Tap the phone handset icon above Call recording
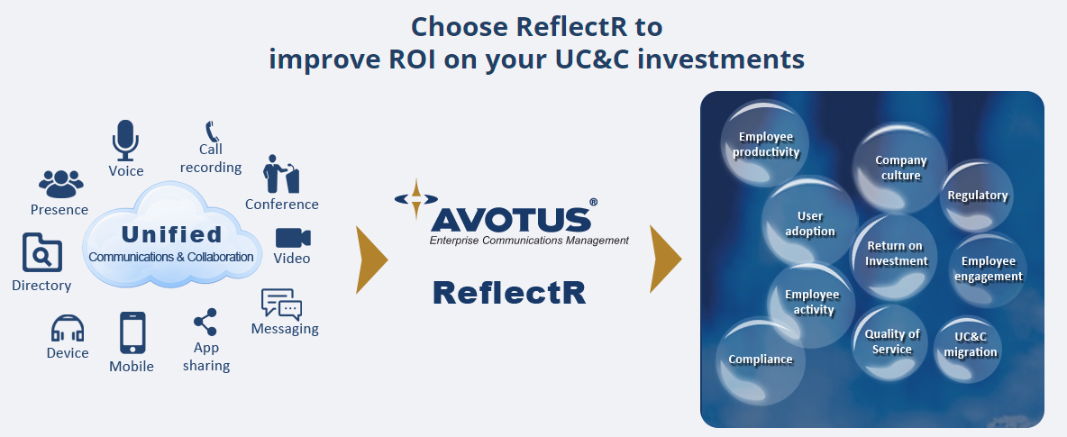(x=212, y=132)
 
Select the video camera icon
(x=293, y=238)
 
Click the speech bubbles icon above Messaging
(x=281, y=304)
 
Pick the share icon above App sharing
(x=205, y=323)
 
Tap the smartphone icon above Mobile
(x=132, y=332)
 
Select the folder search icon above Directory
(x=42, y=253)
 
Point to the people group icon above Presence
(x=60, y=183)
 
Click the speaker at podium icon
(x=280, y=174)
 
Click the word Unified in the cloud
(x=171, y=235)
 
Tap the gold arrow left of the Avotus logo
(x=371, y=260)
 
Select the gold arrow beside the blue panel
(x=665, y=260)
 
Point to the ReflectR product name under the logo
(x=509, y=292)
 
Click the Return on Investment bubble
(x=897, y=254)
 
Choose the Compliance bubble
(x=761, y=360)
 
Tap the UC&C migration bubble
(x=970, y=345)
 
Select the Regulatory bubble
(x=977, y=196)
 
